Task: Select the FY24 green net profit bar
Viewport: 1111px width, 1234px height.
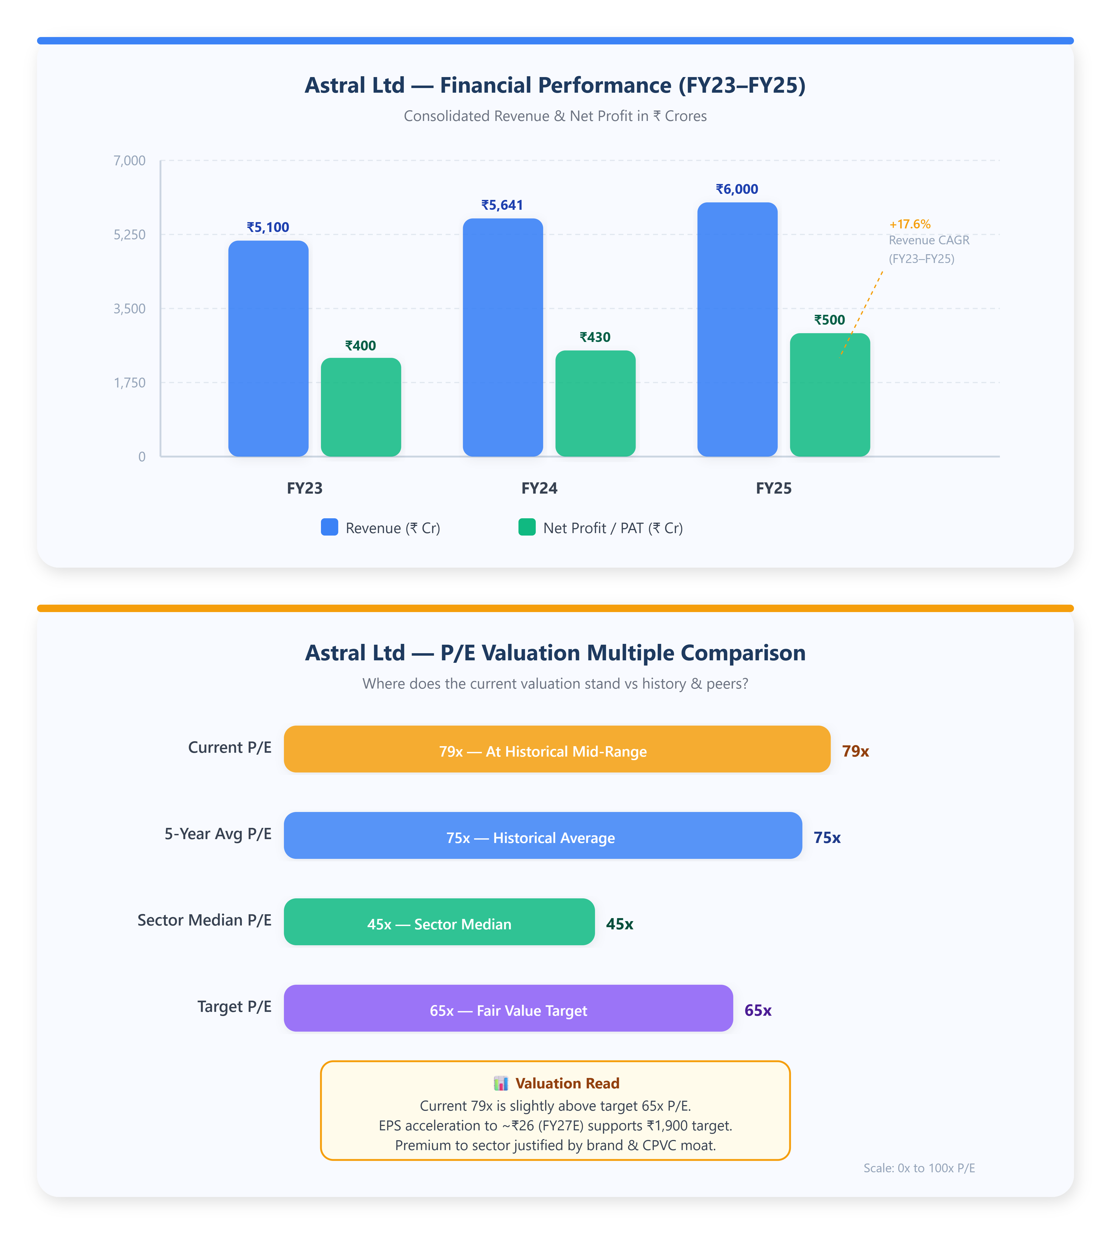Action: [595, 403]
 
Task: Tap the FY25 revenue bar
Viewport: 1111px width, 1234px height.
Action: [737, 330]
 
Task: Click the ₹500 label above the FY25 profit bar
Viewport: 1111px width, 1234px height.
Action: [830, 320]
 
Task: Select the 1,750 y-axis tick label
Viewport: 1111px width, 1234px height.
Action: [129, 383]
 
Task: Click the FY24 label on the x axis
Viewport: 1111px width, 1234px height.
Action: [539, 488]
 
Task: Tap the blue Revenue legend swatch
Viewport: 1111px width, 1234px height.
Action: [330, 527]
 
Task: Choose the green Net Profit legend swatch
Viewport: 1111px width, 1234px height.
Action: [527, 527]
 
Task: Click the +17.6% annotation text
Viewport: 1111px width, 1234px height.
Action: [910, 224]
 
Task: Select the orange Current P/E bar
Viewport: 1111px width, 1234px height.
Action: [557, 749]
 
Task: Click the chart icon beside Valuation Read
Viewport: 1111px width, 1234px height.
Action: [501, 1083]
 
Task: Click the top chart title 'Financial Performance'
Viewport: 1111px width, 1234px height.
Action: [555, 86]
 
